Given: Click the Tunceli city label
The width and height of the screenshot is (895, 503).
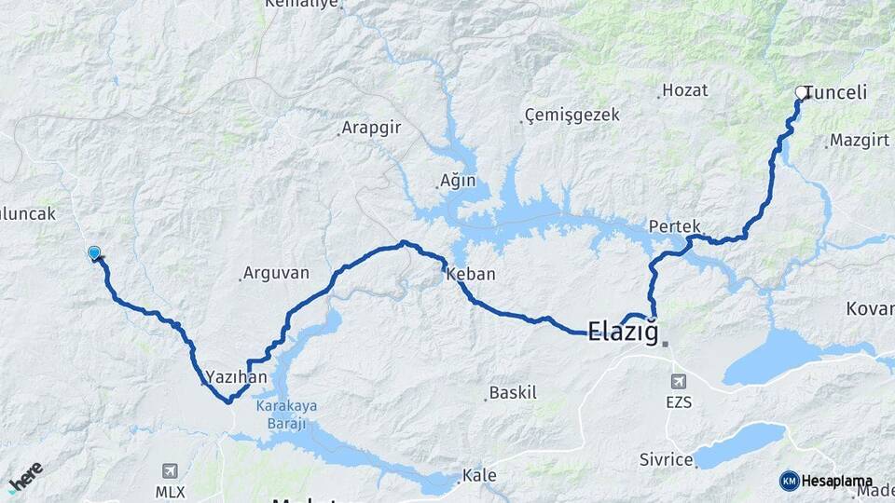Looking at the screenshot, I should (x=835, y=92).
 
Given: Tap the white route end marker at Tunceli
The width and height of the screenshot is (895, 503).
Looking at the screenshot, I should (x=801, y=92).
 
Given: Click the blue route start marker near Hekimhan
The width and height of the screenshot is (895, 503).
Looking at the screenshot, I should (x=94, y=252).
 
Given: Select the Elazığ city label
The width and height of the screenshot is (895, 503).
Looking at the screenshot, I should (x=623, y=331).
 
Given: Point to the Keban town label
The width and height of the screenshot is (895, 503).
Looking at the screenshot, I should (x=471, y=275).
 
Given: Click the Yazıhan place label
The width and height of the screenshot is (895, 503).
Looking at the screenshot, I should (x=237, y=377).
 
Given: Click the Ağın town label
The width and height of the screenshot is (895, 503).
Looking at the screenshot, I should (x=458, y=181).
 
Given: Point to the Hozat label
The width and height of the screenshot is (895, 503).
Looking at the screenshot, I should (x=685, y=90).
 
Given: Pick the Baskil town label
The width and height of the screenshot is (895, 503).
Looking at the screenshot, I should (x=514, y=393).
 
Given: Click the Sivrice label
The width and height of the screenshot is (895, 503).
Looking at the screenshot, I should (x=667, y=460).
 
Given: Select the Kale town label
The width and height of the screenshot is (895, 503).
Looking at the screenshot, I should (x=479, y=476).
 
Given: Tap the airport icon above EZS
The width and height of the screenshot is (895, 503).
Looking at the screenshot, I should (x=678, y=381).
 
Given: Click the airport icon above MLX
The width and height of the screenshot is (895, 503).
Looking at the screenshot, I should (x=170, y=471).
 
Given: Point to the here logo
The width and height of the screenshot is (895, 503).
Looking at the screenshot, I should (x=25, y=478).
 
